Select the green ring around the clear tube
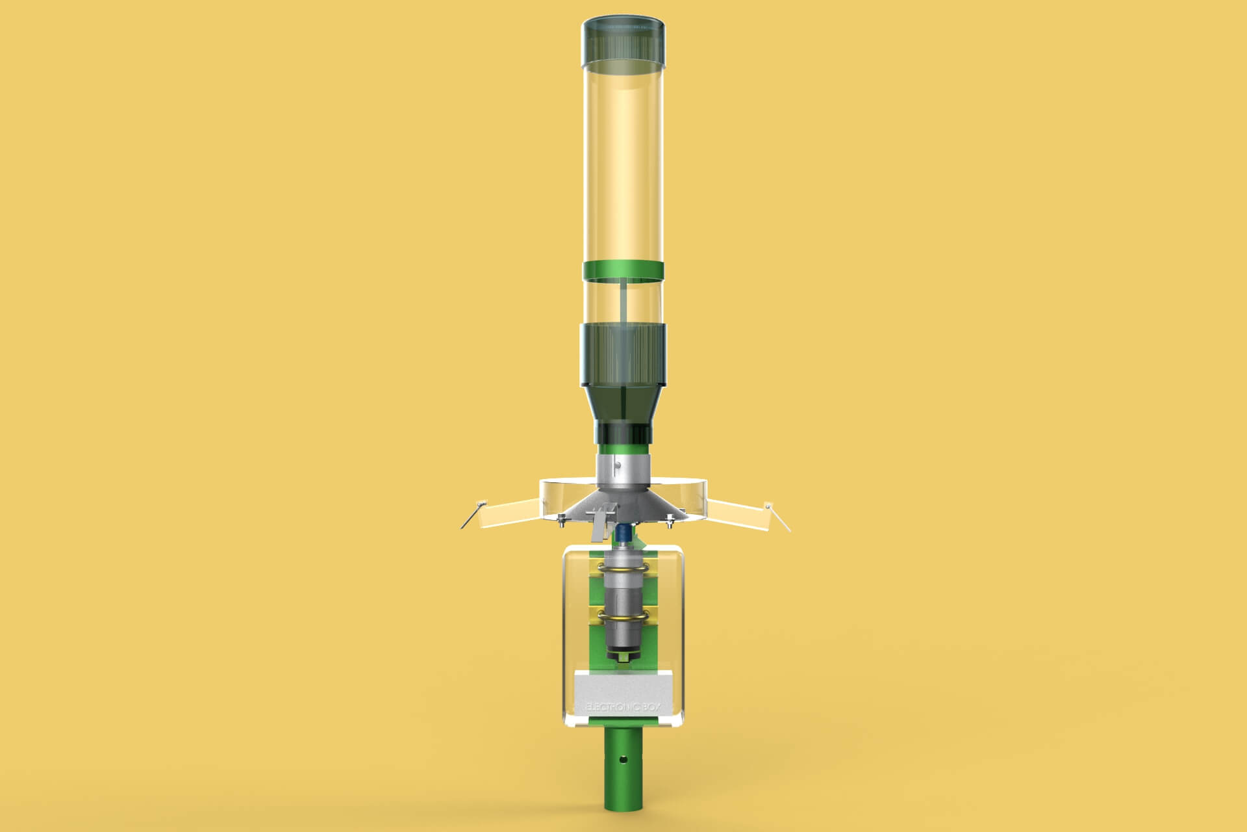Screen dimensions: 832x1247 pyautogui.click(x=623, y=270)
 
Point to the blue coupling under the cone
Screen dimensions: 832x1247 pyautogui.click(x=622, y=534)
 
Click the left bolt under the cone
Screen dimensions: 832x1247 pyautogui.click(x=559, y=518)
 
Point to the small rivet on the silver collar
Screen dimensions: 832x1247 pyautogui.click(x=618, y=465)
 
